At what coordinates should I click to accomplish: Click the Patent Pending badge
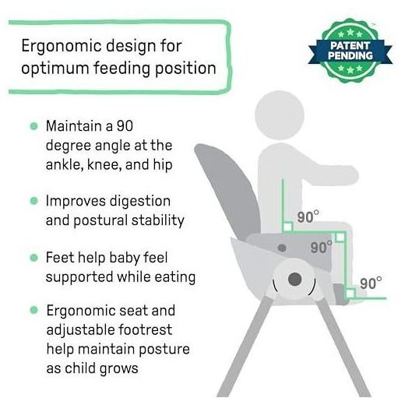pyautogui.click(x=350, y=51)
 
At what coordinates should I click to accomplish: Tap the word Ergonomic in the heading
pyautogui.click(x=62, y=47)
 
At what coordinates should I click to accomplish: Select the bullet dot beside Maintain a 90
pyautogui.click(x=33, y=126)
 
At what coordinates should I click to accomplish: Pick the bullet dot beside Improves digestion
pyautogui.click(x=33, y=201)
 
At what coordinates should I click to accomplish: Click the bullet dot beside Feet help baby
pyautogui.click(x=33, y=258)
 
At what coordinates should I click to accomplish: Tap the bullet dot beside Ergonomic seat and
pyautogui.click(x=33, y=310)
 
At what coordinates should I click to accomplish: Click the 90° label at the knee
pyautogui.click(x=322, y=247)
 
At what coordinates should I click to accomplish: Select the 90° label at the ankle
pyautogui.click(x=371, y=283)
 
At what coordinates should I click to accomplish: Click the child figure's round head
pyautogui.click(x=280, y=115)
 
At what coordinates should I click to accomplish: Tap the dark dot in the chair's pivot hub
pyautogui.click(x=295, y=279)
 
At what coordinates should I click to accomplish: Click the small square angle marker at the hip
pyautogui.click(x=287, y=227)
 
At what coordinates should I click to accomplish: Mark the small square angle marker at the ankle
pyautogui.click(x=350, y=294)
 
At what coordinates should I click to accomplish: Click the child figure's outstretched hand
pyautogui.click(x=350, y=174)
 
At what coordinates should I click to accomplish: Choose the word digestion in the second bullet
pyautogui.click(x=140, y=202)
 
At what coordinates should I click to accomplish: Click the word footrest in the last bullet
pyautogui.click(x=146, y=329)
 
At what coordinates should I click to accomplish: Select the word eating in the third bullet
pyautogui.click(x=175, y=277)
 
